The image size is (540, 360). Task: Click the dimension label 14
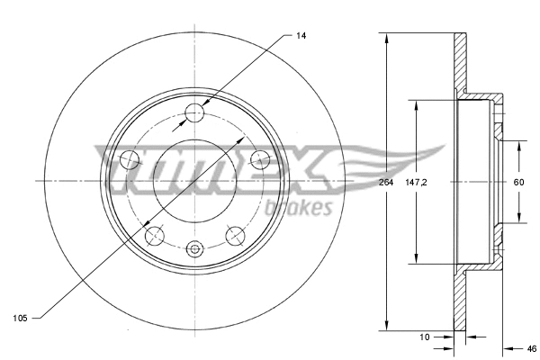(x=300, y=34)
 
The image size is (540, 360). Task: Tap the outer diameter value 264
(x=387, y=183)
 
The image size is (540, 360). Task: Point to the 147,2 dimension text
(x=416, y=183)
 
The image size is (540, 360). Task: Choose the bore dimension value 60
(x=518, y=183)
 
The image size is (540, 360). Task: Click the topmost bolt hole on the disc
(x=195, y=112)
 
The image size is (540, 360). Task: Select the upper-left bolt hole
(x=130, y=160)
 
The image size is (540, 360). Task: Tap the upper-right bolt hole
(x=261, y=160)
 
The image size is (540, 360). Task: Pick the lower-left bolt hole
(x=155, y=236)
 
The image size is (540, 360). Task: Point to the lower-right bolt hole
(x=236, y=236)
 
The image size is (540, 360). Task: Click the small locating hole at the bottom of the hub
(x=195, y=249)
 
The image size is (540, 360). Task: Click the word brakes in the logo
(x=300, y=208)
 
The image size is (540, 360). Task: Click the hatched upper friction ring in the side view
(x=460, y=63)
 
